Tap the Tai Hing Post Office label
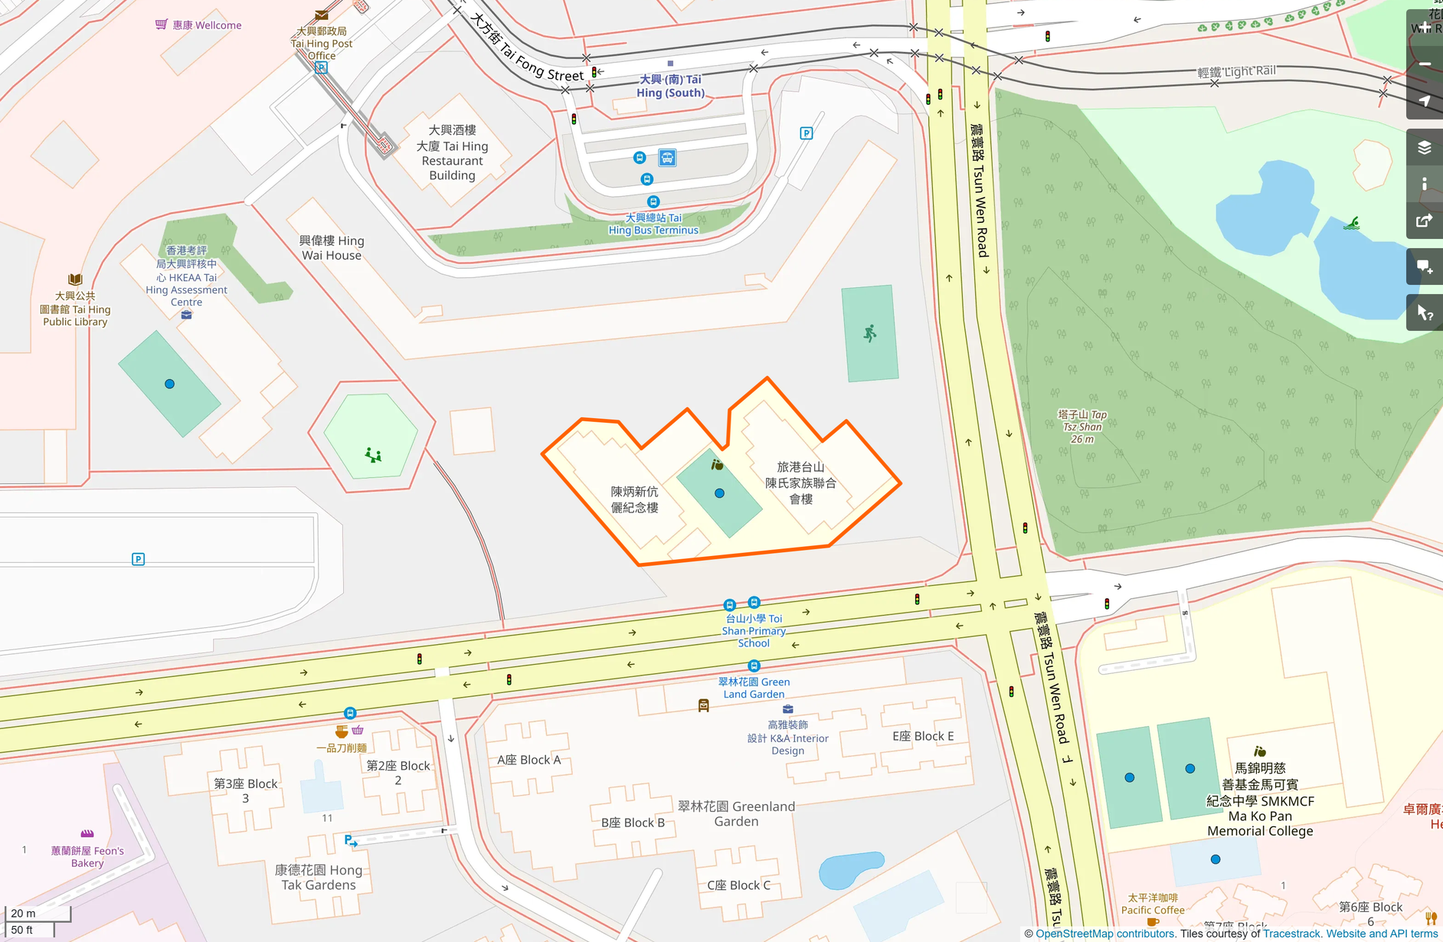click(x=322, y=43)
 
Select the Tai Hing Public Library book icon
click(x=75, y=280)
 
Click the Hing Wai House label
click(x=332, y=248)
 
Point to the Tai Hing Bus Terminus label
click(x=653, y=224)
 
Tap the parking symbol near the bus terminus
click(x=806, y=133)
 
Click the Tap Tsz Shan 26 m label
click(x=1082, y=427)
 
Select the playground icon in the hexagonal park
click(x=373, y=456)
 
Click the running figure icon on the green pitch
click(x=870, y=333)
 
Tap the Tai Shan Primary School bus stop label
click(x=754, y=630)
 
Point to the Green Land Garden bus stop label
click(x=754, y=688)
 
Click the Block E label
click(x=923, y=736)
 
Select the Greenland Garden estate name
click(x=736, y=813)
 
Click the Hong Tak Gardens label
click(x=319, y=877)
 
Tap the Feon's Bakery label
click(x=87, y=856)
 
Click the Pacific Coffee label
click(x=1153, y=904)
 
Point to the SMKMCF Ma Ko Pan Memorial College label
click(x=1260, y=800)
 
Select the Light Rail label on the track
click(x=1236, y=72)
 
